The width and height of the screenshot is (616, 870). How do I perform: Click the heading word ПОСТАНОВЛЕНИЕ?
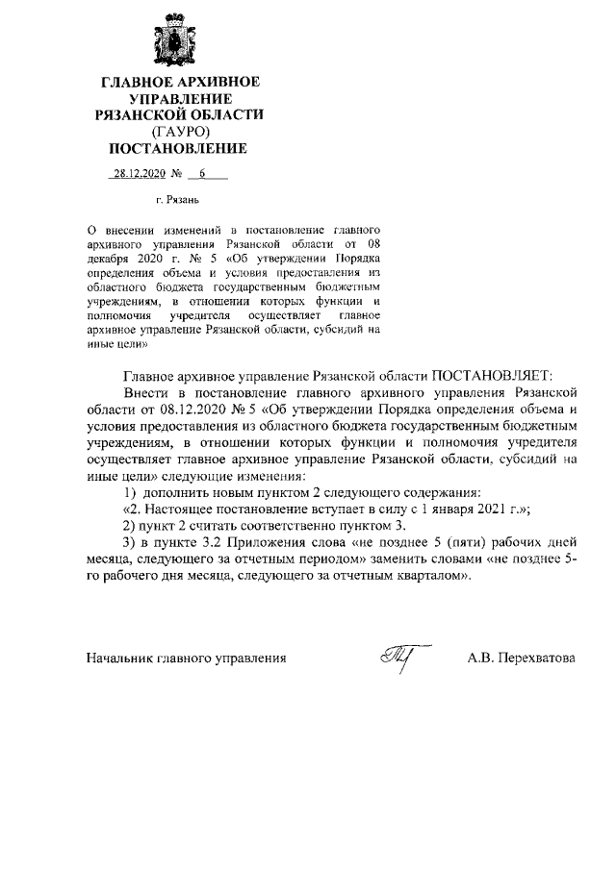177,148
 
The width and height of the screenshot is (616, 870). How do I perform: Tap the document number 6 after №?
203,176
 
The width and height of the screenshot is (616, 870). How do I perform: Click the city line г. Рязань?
176,203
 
